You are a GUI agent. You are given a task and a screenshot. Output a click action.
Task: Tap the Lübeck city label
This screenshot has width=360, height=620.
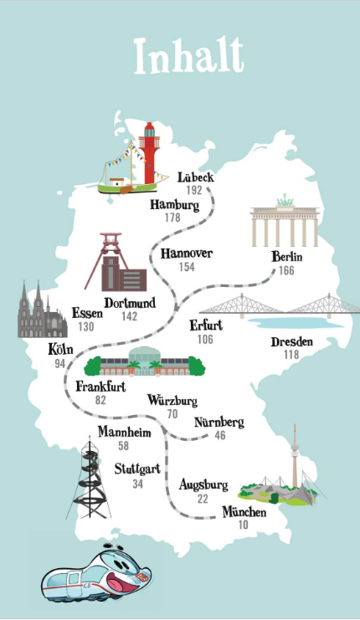(197, 177)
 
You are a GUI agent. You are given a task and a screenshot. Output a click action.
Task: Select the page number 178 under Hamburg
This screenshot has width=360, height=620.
(172, 218)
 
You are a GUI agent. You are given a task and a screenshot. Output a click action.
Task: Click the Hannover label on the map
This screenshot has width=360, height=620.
(186, 254)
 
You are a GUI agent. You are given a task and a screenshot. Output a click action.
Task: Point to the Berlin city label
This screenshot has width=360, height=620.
(287, 257)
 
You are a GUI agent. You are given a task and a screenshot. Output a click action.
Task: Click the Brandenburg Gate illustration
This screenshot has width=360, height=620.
(285, 221)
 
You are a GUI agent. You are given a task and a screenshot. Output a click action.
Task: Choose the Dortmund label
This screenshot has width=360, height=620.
(129, 303)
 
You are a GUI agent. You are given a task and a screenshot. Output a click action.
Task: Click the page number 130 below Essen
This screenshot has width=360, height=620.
(86, 326)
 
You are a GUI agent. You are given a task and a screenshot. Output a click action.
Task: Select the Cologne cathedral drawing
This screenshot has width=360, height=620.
(41, 311)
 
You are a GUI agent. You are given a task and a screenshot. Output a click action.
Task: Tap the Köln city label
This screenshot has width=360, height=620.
(60, 351)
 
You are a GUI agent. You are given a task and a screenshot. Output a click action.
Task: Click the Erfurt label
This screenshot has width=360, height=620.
(205, 326)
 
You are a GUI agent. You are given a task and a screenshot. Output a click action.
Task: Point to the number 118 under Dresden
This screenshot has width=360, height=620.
(291, 354)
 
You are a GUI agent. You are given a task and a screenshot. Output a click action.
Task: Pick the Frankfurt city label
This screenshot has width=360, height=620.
(100, 387)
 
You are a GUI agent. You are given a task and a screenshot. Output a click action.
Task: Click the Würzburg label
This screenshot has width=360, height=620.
(172, 400)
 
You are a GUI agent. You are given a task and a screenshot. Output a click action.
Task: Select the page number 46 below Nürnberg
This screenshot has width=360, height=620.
(219, 435)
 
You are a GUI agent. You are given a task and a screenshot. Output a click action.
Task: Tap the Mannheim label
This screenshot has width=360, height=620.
(123, 433)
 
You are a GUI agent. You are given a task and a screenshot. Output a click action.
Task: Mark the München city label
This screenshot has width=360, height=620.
(244, 512)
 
